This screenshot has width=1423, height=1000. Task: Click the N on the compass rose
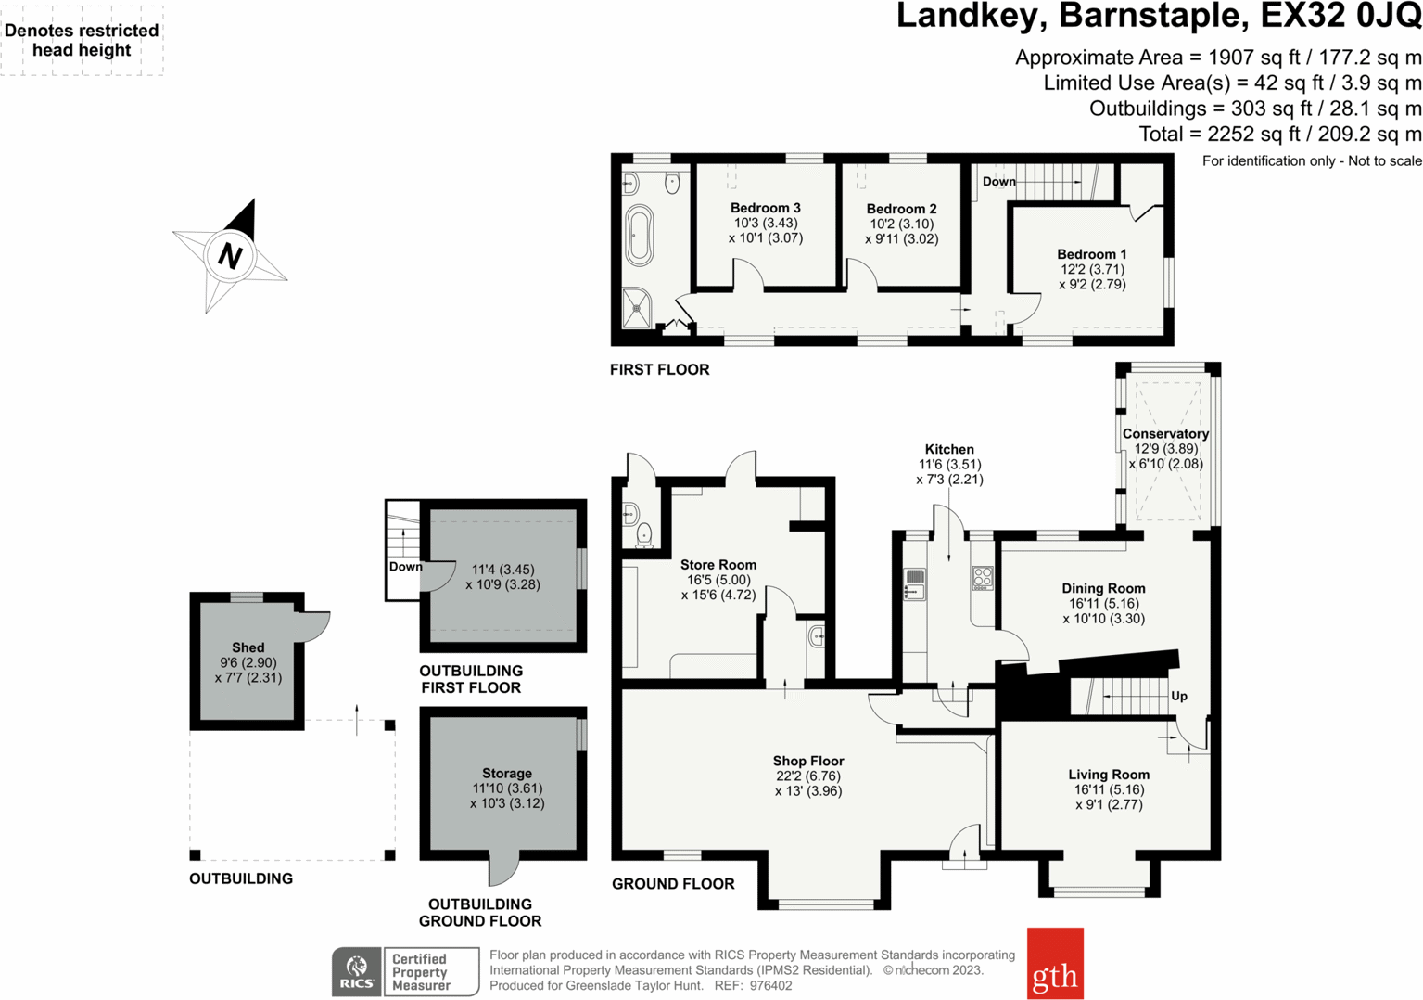click(230, 255)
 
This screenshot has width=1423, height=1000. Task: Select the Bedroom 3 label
click(765, 208)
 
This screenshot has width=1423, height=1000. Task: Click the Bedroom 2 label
click(901, 209)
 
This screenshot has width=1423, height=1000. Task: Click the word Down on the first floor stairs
click(998, 182)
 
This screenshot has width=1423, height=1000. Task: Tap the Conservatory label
click(1165, 434)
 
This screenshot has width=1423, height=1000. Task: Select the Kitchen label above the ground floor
click(949, 449)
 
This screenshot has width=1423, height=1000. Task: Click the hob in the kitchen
click(982, 579)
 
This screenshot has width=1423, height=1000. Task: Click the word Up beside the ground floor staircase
click(1178, 696)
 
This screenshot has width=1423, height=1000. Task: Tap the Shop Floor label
click(808, 761)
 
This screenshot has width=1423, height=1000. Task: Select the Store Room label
click(718, 564)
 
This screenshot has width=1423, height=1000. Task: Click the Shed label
click(248, 647)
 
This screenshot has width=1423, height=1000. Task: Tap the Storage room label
click(506, 773)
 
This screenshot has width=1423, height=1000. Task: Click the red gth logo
click(1055, 964)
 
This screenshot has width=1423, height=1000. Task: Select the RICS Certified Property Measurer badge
click(405, 971)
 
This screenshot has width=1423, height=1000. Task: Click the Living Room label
click(1108, 775)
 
